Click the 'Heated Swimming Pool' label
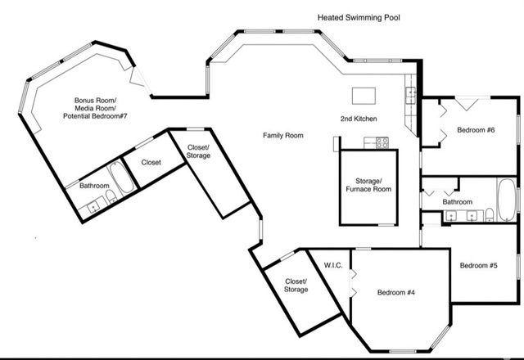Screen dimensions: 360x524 click(x=359, y=16)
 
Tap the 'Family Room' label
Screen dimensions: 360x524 click(x=283, y=135)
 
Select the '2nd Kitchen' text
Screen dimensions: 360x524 click(x=358, y=119)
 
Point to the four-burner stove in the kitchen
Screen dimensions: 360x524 click(x=382, y=142)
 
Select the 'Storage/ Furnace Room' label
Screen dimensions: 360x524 click(x=368, y=184)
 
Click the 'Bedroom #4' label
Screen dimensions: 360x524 click(x=396, y=291)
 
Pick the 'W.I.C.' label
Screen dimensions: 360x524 click(x=332, y=265)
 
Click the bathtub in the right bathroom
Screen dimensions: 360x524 click(x=507, y=197)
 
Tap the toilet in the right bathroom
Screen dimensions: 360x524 click(x=489, y=215)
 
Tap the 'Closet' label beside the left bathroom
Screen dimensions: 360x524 click(x=150, y=162)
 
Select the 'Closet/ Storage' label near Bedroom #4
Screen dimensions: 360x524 click(x=296, y=285)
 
